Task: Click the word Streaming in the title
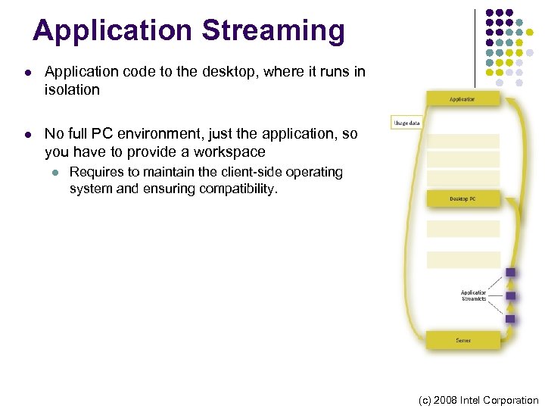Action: (x=273, y=31)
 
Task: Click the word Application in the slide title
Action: (x=113, y=31)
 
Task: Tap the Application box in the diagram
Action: (x=462, y=98)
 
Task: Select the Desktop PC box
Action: (x=462, y=198)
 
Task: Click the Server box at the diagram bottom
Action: (x=462, y=340)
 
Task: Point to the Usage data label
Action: (x=406, y=123)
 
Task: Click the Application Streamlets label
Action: (x=474, y=295)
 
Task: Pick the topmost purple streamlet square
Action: (x=510, y=272)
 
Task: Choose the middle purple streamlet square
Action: (x=510, y=295)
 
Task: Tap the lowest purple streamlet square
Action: (x=510, y=319)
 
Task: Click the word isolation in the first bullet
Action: (x=72, y=90)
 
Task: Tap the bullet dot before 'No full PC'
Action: (x=27, y=135)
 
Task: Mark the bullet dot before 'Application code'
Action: (x=27, y=73)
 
